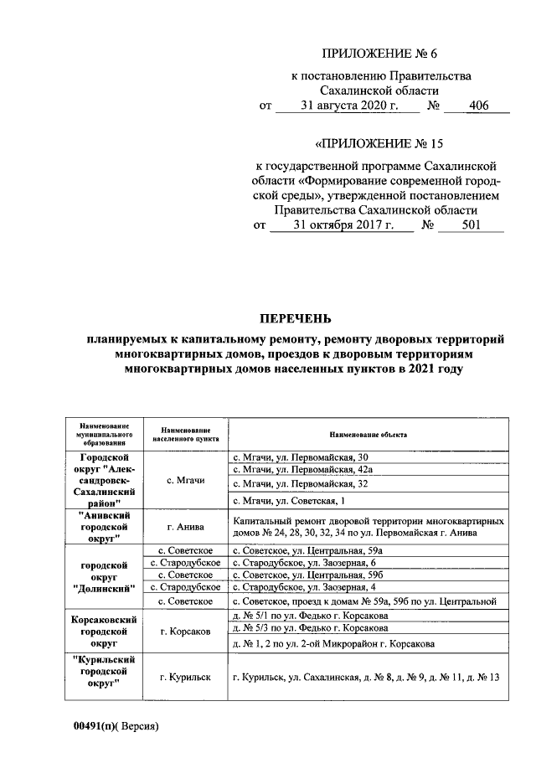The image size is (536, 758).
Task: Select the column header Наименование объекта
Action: pyautogui.click(x=368, y=436)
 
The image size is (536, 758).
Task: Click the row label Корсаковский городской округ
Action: pyautogui.click(x=103, y=630)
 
